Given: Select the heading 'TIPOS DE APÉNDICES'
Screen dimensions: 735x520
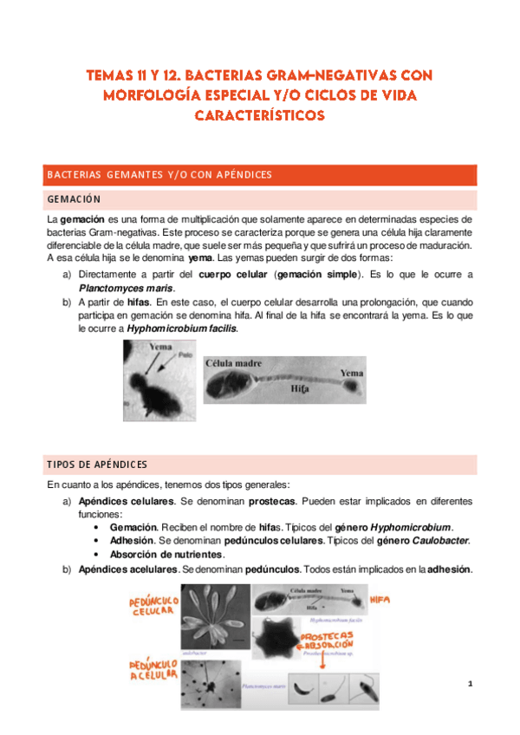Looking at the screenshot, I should tap(97, 464).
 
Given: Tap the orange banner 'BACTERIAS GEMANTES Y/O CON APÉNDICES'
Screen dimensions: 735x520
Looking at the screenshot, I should tap(159, 175).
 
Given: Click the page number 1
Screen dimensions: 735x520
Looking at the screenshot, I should tap(470, 685).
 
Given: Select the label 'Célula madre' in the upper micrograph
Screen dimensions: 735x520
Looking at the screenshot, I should tap(234, 363).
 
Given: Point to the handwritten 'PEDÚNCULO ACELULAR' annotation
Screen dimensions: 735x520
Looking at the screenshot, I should tap(153, 667).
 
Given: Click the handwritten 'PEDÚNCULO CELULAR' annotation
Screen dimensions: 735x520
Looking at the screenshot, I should tap(153, 603).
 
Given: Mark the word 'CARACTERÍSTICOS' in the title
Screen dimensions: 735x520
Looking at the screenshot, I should tap(260, 114).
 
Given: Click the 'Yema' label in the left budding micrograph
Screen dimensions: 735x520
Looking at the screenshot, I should tap(160, 347).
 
